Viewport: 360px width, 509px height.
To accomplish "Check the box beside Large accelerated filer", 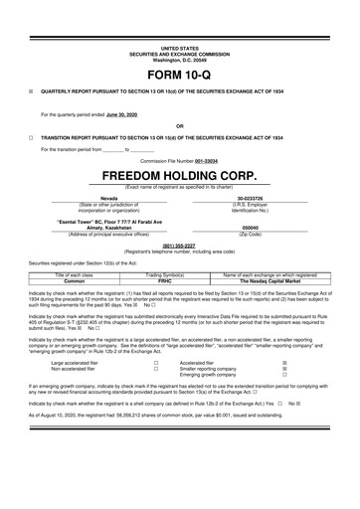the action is coord(156,364).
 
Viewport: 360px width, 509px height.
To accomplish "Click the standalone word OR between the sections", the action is coord(179,126).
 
